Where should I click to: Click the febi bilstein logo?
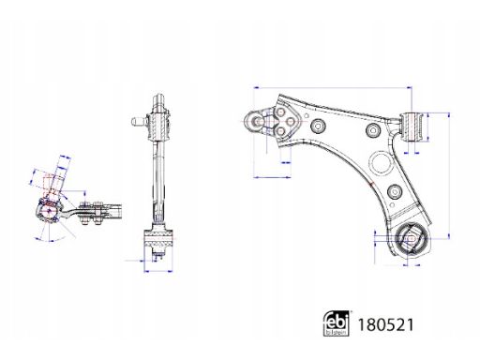[x=336, y=323]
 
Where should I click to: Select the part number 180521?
[x=385, y=324]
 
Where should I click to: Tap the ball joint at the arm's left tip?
[x=256, y=122]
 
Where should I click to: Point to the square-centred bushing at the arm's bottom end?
[x=412, y=239]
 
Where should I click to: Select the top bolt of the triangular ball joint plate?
[x=280, y=112]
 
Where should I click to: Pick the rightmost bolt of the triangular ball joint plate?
[x=291, y=122]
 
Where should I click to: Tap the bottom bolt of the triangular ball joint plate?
[x=280, y=131]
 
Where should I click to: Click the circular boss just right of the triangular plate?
[x=318, y=126]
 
